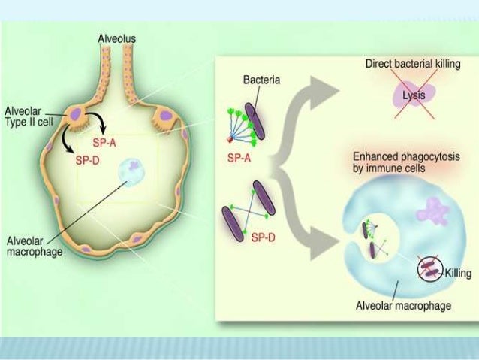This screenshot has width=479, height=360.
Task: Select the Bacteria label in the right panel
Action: click(x=262, y=80)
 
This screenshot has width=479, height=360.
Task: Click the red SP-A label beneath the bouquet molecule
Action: click(x=239, y=159)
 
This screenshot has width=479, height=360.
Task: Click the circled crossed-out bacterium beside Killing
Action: click(x=426, y=269)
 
